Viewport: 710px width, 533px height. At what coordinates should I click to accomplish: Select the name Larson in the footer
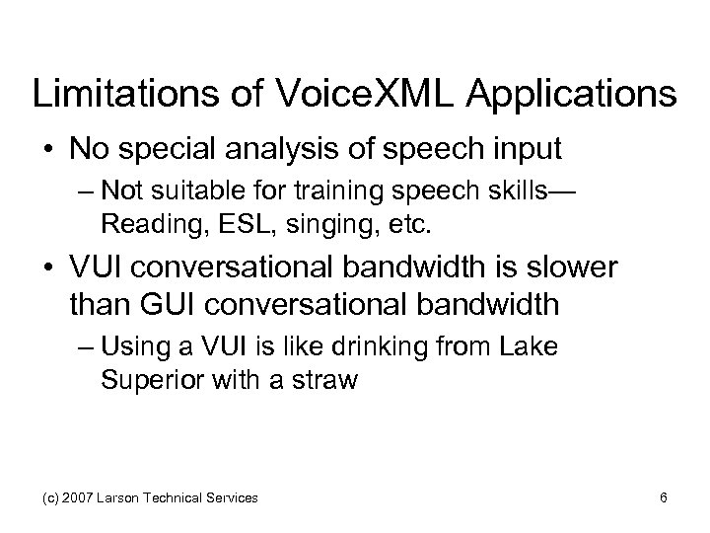click(123, 498)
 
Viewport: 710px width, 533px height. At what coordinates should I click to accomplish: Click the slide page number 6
click(665, 498)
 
